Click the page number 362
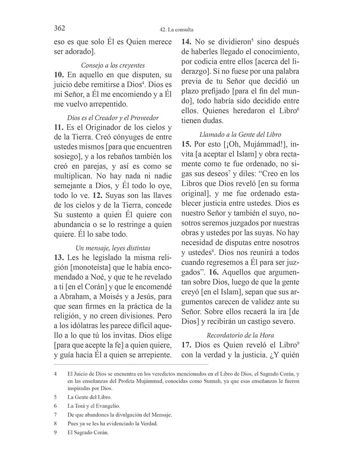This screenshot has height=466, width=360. pos(59,28)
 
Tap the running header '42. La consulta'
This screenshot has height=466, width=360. pos(180,30)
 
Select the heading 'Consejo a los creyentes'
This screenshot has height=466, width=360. pos(112,65)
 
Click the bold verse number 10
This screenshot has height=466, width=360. pos(59,75)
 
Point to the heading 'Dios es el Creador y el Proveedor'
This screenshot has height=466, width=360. pos(112,118)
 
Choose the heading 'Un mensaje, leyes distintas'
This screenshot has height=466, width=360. pos(112,248)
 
